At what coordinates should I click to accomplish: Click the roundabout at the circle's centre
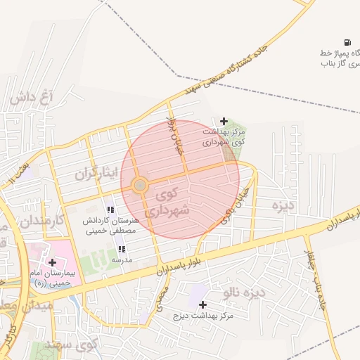[140, 185]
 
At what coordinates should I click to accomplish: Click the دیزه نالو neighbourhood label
[243, 291]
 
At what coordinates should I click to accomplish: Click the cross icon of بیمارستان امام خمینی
[53, 262]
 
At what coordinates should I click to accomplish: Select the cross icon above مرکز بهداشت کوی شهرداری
[224, 121]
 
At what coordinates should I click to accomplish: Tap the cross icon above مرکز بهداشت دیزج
[203, 304]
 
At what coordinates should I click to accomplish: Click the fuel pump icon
[347, 43]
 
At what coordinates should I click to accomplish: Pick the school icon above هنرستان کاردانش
[110, 210]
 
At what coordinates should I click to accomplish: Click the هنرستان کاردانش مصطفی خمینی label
[110, 225]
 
